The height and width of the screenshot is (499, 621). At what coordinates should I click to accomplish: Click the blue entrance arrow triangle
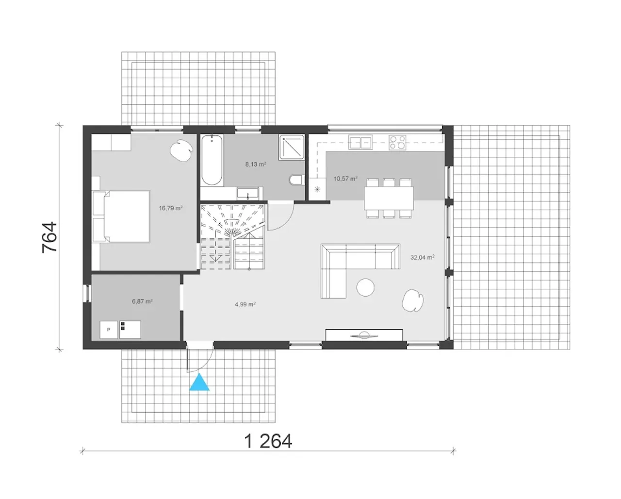coord(199,383)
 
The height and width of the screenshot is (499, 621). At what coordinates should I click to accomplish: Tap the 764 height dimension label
coord(49,237)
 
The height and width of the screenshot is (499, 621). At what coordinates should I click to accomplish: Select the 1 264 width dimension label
coord(268,441)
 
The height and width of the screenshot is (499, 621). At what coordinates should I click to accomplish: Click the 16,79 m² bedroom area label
coord(171,208)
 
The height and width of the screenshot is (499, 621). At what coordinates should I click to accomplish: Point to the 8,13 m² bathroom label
coord(255,165)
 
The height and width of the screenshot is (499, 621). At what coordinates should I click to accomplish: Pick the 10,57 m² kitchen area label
coord(345,179)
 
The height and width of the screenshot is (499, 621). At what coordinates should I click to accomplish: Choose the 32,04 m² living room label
coord(423,257)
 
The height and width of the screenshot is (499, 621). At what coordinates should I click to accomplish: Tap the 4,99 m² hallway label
coord(245,304)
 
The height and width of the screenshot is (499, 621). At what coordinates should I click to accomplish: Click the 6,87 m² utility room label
coord(142,301)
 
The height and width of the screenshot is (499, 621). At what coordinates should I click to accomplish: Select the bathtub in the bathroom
coord(212,160)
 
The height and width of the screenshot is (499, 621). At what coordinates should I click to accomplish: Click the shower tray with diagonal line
coord(292,147)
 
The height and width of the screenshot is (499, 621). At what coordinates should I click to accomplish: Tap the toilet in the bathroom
coord(296,180)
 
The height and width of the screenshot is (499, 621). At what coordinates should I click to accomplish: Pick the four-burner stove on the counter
coord(397,142)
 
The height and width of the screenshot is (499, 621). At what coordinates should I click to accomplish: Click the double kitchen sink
coord(360,143)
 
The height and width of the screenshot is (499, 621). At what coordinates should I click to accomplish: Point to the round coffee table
coord(365,287)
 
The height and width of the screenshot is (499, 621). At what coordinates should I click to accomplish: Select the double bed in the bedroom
coord(121,216)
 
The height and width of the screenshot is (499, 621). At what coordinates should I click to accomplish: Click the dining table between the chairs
coord(389,198)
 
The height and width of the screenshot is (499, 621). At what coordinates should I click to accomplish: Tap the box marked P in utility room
coord(109,330)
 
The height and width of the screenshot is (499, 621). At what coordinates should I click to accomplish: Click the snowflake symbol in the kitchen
coord(317,189)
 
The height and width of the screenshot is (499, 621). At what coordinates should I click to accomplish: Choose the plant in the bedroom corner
coord(181,150)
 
